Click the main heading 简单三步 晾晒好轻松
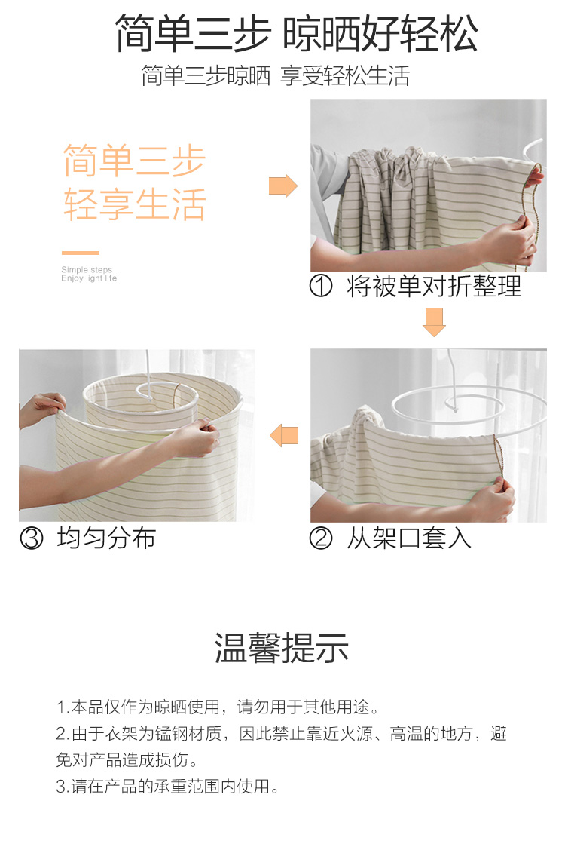(296, 34)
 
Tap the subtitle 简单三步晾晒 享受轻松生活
(276, 75)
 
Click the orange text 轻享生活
(135, 204)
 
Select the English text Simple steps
(87, 269)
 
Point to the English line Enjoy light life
(89, 278)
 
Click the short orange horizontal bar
(81, 253)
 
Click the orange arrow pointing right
(283, 186)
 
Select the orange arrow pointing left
(284, 435)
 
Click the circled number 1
(321, 286)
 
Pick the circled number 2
(321, 538)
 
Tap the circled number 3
(31, 538)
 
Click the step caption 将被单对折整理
(434, 286)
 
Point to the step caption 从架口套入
(409, 538)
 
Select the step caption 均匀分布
(106, 538)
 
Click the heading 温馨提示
(282, 648)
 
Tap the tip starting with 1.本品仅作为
(218, 707)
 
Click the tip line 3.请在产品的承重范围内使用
(167, 787)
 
